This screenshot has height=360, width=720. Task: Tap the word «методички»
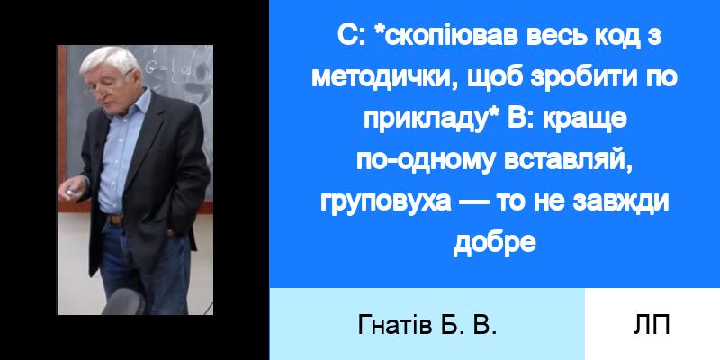(x=385, y=78)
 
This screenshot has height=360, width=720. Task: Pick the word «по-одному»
(x=426, y=162)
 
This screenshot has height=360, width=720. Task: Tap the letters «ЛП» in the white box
(x=652, y=326)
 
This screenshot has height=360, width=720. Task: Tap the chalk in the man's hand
(x=69, y=193)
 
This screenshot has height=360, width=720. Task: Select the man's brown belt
(x=116, y=220)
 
